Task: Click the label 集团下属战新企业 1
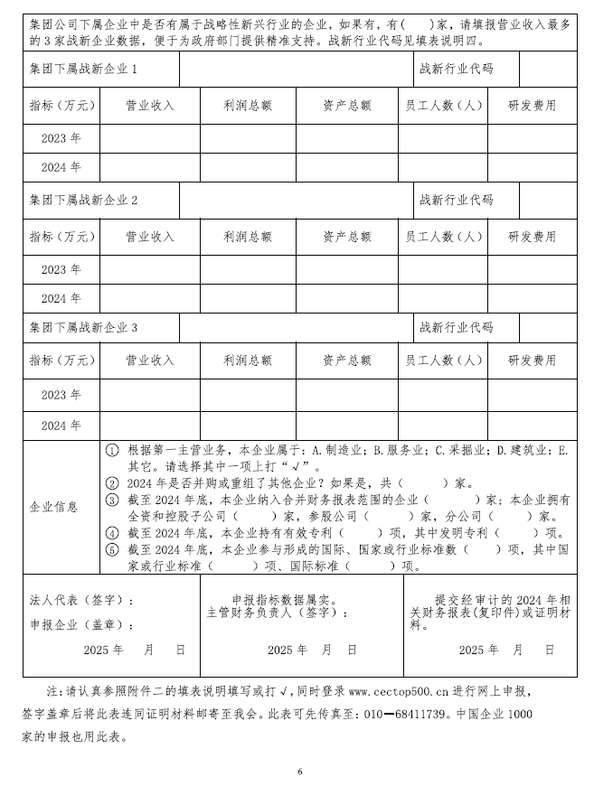click(83, 69)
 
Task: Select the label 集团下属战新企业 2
click(83, 199)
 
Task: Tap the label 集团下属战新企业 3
click(83, 327)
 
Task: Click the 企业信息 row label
click(53, 507)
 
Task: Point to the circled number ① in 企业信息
click(112, 450)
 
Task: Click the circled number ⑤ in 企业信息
click(112, 549)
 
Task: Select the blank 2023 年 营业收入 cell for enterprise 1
click(148, 138)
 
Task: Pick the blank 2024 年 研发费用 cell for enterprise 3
click(532, 425)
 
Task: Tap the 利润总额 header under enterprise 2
click(247, 237)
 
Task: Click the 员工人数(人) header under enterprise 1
click(443, 106)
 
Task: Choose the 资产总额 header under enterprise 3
click(346, 360)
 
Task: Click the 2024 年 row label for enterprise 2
click(61, 297)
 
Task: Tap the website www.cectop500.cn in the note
click(398, 691)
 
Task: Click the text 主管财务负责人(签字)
click(278, 612)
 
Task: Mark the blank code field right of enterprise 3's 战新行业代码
click(548, 327)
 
